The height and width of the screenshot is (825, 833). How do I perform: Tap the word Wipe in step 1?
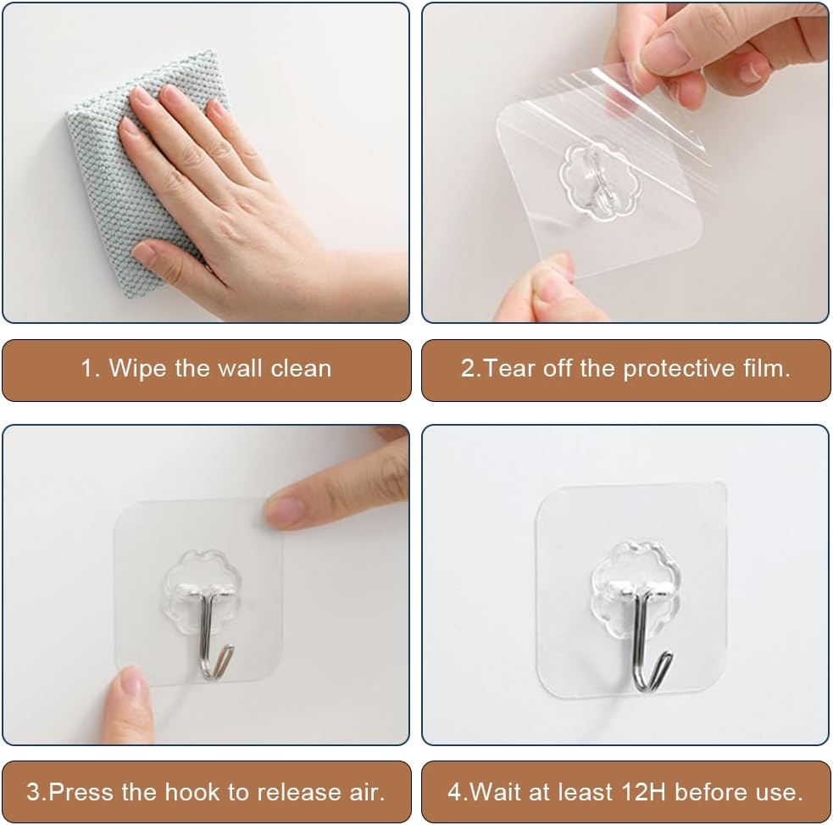click(137, 368)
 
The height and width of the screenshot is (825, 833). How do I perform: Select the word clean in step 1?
click(301, 368)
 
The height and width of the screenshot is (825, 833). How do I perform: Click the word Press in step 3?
click(82, 792)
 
